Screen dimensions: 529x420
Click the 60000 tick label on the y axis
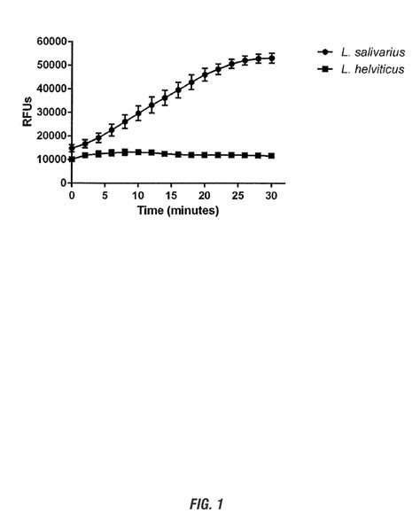50,42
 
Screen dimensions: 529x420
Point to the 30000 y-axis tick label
50,112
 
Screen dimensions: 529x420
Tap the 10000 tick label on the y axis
50,159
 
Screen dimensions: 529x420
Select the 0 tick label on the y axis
63,183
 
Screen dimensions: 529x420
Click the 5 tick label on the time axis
105,197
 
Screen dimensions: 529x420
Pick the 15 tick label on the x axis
171,197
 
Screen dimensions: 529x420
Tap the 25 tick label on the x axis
237,197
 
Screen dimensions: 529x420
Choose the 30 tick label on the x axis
271,197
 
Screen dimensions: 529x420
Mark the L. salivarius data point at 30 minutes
271,58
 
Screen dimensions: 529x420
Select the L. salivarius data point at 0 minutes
72,148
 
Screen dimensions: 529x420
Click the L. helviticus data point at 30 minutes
271,156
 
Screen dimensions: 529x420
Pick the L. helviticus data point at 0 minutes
72,159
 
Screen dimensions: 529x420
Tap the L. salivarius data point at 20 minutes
205,75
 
